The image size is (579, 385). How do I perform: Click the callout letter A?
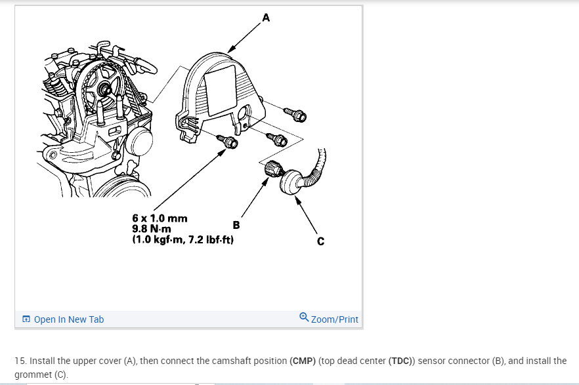tap(265, 18)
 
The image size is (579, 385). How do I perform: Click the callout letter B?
tap(236, 225)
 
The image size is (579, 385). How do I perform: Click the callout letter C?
tap(320, 241)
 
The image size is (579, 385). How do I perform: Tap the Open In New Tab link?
tap(68, 319)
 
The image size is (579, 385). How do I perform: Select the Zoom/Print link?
tap(334, 319)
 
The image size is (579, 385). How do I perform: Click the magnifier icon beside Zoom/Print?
tap(303, 317)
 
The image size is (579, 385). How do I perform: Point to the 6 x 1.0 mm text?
tap(160, 218)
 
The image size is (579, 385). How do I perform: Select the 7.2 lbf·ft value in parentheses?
tap(209, 240)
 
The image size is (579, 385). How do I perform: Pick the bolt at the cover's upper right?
tap(295, 115)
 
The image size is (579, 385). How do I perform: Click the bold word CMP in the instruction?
tap(299, 361)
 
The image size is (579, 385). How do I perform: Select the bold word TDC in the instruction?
tap(400, 361)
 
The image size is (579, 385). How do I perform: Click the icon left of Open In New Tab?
tap(26, 319)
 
